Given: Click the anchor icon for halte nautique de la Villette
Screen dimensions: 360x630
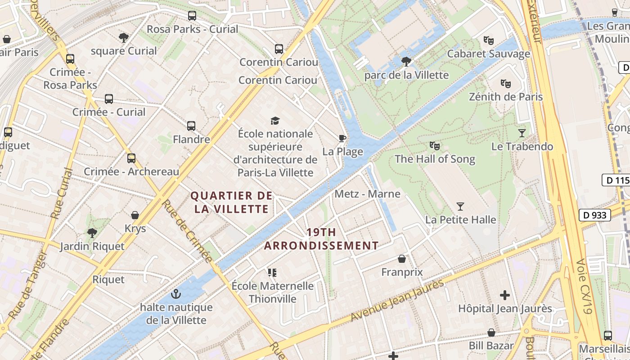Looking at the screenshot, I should click(x=176, y=294).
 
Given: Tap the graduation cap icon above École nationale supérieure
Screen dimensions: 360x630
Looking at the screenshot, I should click(x=275, y=121).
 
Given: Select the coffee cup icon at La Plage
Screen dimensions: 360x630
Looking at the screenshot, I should click(x=342, y=138).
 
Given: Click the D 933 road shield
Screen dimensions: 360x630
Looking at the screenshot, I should click(x=594, y=215).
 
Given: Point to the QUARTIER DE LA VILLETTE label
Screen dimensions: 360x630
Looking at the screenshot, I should click(x=231, y=202).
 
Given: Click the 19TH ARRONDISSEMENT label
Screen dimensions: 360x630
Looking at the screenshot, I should click(x=321, y=239).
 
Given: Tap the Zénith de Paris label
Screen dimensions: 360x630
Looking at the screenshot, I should click(x=506, y=97).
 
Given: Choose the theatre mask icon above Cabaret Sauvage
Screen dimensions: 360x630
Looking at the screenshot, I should click(x=488, y=40).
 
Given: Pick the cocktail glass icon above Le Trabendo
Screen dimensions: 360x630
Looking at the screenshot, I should click(x=522, y=133).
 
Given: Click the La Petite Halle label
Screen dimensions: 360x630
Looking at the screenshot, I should click(x=461, y=220).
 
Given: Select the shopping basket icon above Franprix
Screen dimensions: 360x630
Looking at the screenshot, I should click(x=402, y=259).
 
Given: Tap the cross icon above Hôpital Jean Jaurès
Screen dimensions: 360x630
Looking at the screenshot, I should click(x=505, y=295).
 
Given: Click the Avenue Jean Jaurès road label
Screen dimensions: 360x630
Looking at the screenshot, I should click(x=397, y=301).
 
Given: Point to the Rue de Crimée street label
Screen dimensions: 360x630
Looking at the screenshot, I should click(x=187, y=231).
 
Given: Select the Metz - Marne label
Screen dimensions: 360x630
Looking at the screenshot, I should click(x=367, y=194).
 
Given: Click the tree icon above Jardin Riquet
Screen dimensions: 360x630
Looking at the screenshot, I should click(x=92, y=233).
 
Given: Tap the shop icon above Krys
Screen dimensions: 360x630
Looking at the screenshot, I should click(x=135, y=215).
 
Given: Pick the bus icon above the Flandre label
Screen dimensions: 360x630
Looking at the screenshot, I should click(x=191, y=126).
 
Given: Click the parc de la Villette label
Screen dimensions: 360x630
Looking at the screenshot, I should click(x=406, y=75).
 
